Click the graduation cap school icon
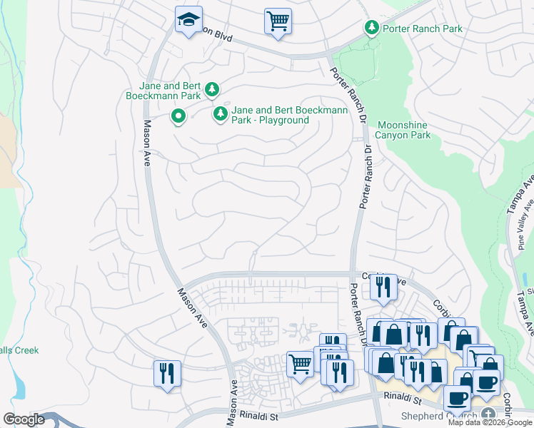pos(188,21)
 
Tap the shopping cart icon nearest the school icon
pos(278,20)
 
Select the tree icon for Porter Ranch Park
pos(371,28)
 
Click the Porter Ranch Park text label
pos(423,29)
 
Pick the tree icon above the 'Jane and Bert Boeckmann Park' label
pos(211,89)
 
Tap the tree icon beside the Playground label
pos(221,113)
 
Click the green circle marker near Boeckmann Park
pos(178,116)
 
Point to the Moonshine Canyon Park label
pos(403,130)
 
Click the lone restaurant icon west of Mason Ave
pos(166,373)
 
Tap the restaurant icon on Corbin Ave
pos(383,287)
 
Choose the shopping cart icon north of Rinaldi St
pos(300,364)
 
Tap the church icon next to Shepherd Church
pos(489,414)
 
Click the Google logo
pos(24,419)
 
